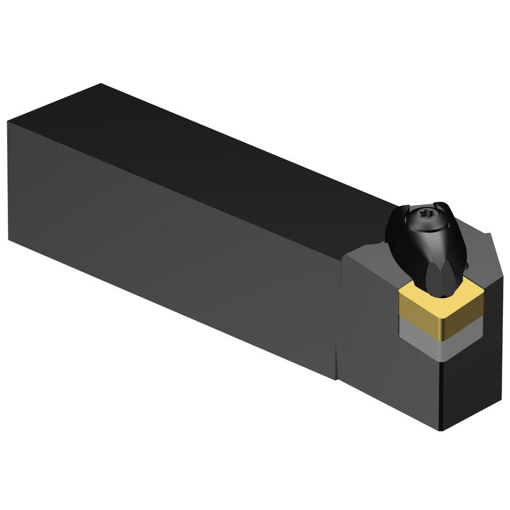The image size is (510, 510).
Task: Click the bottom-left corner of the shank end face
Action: [x=8, y=239]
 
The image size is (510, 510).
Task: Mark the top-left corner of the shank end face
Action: [x=8, y=122]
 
